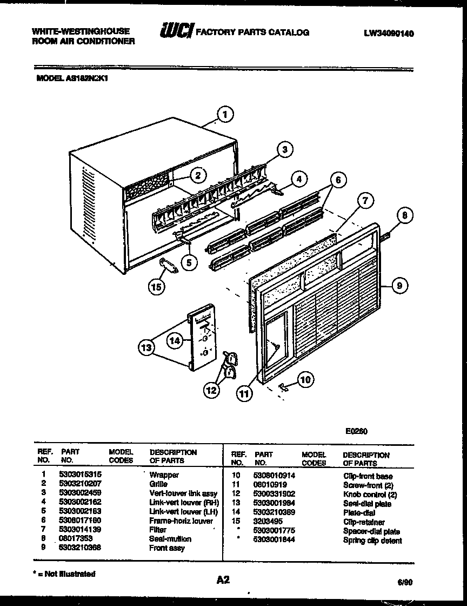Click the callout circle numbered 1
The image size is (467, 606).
click(225, 115)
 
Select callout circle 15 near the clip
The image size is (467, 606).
click(157, 287)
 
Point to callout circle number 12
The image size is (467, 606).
click(211, 388)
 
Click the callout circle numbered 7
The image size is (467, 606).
click(365, 201)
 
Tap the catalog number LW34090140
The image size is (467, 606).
click(389, 34)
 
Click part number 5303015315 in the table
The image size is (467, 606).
click(81, 475)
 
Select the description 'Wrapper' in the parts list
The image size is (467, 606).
click(164, 475)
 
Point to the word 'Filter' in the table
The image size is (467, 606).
click(158, 530)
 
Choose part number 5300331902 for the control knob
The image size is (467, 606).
click(276, 494)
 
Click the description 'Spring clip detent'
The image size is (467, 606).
click(372, 541)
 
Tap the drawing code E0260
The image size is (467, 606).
click(357, 431)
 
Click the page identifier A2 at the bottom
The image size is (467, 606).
click(223, 579)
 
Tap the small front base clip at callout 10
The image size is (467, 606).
click(282, 385)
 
